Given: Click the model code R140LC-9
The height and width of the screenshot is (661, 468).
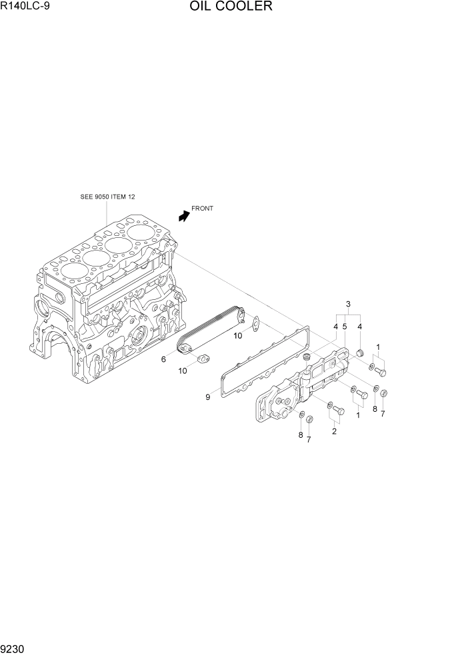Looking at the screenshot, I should pos(25,7).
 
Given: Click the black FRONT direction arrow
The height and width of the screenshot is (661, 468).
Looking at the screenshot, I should pos(183,215).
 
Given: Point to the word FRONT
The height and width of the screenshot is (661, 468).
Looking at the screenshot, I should pos(202,209).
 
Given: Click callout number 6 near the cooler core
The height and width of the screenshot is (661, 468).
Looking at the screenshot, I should pos(163,359).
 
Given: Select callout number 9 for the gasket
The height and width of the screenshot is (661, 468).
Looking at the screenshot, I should pos(207,397).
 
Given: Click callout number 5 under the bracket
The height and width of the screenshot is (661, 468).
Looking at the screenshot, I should pos(345,327).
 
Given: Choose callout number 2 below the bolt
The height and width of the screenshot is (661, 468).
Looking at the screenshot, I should pos(334,430).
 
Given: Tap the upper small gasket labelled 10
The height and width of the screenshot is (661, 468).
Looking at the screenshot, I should pos(254,323).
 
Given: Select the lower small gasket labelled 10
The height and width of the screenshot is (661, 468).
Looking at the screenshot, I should pos(203,360).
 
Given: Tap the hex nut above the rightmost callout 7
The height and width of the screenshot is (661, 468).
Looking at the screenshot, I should pos(383,393).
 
